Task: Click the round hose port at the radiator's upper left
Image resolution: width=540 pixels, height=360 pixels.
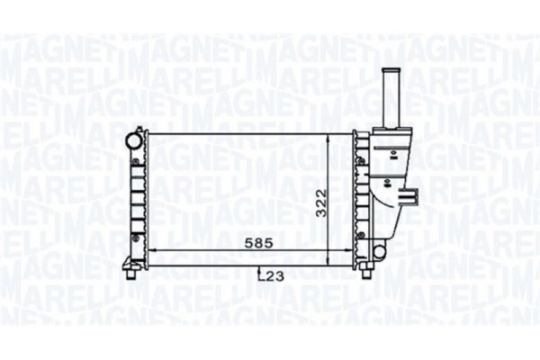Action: coord(133,139)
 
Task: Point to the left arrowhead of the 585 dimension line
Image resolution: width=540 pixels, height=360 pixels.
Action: coord(150,249)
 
